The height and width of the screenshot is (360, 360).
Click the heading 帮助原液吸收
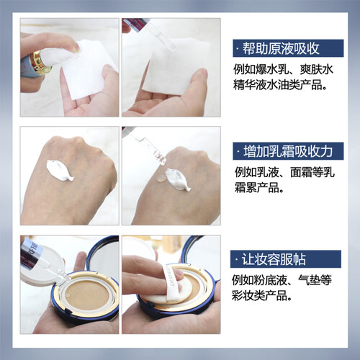(281, 48)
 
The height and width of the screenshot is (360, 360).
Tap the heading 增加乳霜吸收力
(288, 151)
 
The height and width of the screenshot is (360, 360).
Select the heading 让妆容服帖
(274, 259)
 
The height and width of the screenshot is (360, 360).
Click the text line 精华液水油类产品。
(280, 85)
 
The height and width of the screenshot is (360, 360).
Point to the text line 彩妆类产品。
(262, 295)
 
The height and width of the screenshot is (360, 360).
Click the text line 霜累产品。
(259, 188)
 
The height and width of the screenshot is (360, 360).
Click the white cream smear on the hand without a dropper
(60, 171)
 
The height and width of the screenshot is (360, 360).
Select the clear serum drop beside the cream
(161, 178)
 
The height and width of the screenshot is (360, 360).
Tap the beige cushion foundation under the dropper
(87, 295)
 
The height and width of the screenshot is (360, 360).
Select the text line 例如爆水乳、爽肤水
(283, 70)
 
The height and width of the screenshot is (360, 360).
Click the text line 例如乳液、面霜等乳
(284, 172)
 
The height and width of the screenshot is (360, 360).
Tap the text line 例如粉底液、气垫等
(282, 280)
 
